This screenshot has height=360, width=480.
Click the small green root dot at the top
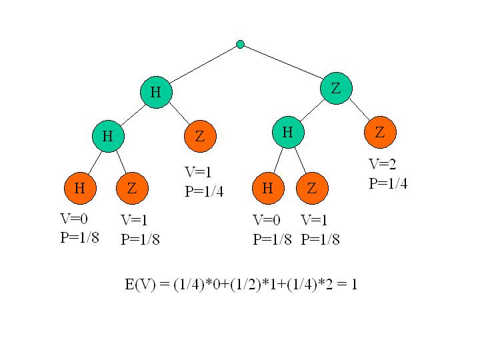coord(240,45)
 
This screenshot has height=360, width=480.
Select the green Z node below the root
coord(336,89)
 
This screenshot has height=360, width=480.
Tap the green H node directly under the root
coord(155,92)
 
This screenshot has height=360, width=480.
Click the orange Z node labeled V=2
coord(380,133)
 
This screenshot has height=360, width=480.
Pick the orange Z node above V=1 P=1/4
coord(199,137)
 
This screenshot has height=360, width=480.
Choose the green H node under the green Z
coord(288,133)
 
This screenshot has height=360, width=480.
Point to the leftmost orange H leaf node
coord(80,189)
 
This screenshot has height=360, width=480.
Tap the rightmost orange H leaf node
coord(268,189)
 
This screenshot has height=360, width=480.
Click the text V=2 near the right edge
coord(383,165)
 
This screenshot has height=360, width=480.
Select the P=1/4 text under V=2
coord(388,183)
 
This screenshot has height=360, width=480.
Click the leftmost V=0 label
coord(74,219)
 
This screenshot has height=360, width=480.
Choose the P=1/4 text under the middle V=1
coord(204,192)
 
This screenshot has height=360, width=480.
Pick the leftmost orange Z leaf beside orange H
coord(132,189)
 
